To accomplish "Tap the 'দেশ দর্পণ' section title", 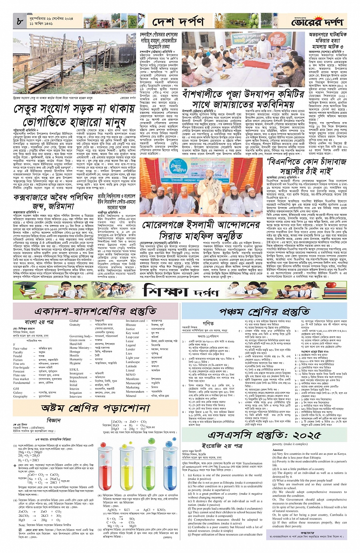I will pyautogui.click(x=178, y=22).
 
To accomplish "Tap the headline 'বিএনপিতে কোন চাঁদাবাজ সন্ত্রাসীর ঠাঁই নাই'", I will pyautogui.click(x=306, y=166).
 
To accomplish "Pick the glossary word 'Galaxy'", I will pyautogui.click(x=18, y=392).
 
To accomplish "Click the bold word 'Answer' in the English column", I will pyautogui.click(x=278, y=450).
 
